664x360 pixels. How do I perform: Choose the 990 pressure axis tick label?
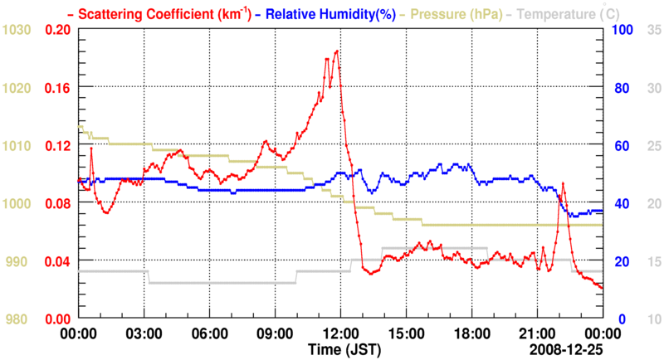(20, 262)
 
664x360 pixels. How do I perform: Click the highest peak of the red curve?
(337, 51)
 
